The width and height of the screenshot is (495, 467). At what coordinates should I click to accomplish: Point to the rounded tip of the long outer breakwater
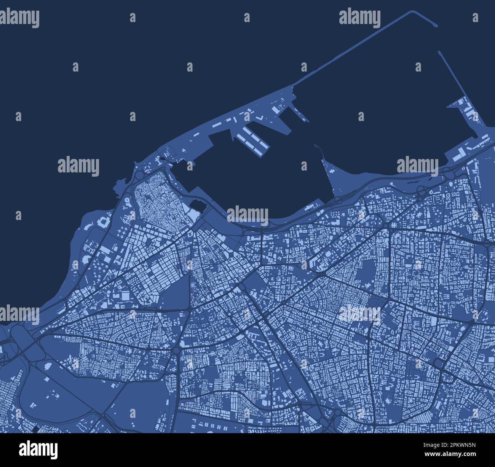436,26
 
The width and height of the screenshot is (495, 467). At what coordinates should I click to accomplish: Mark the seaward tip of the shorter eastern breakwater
440,52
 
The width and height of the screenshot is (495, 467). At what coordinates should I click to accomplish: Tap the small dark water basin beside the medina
198,206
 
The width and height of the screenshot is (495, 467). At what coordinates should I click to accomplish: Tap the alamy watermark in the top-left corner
20,17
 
